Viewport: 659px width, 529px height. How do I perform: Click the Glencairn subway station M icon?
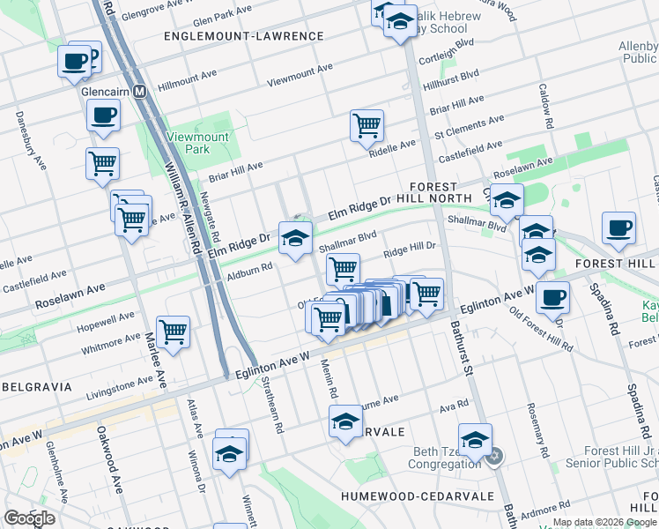(x=138, y=92)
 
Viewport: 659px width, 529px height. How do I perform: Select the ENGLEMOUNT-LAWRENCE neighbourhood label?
(x=243, y=36)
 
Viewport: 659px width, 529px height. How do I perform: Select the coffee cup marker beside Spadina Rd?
(x=618, y=227)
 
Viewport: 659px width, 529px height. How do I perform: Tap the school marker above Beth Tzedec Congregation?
(x=475, y=438)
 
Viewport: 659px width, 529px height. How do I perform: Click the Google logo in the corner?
(x=29, y=518)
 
